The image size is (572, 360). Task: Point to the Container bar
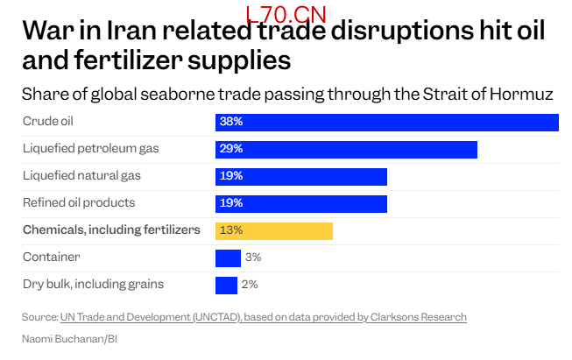coord(228,258)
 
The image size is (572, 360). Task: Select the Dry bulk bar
coord(226,286)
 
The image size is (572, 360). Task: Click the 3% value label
coord(253,258)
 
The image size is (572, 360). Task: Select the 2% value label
coord(250,286)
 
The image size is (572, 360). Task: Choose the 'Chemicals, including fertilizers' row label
coord(111,230)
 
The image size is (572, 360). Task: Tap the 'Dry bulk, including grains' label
coord(93,285)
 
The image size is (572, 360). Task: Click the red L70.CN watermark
coord(292,15)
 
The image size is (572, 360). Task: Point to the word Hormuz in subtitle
coord(529,94)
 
